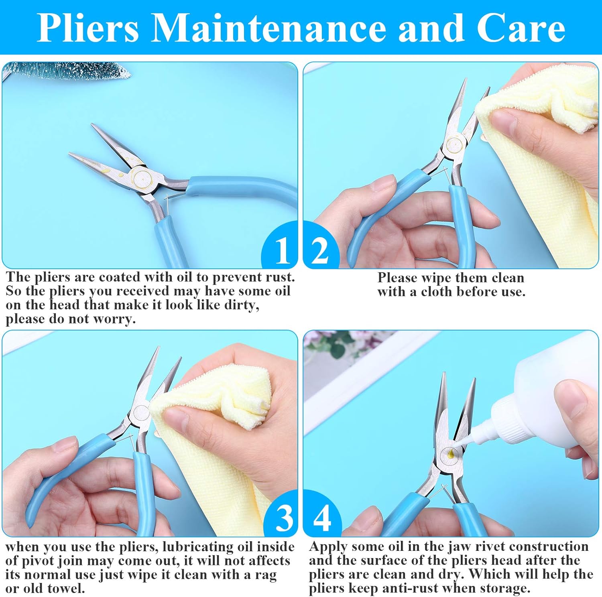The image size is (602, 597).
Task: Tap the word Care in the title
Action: pos(521,28)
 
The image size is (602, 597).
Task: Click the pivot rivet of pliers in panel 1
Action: pos(142,177)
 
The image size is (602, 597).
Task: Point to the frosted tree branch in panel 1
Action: pos(68,71)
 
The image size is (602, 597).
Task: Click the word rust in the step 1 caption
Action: pos(277,277)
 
